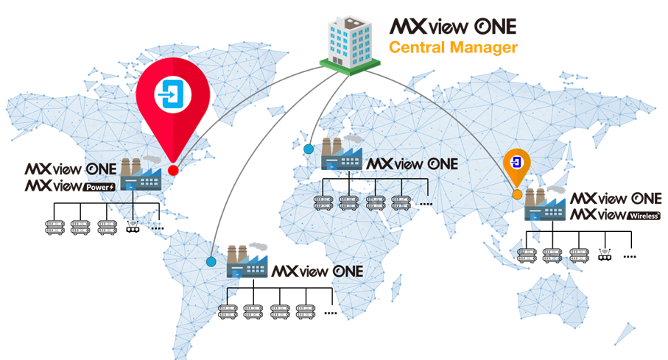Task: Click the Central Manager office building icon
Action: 350,45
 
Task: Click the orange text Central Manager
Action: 453,48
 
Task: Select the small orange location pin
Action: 517,167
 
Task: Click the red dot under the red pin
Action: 173,170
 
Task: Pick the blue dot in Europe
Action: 309,149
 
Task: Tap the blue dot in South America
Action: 211,261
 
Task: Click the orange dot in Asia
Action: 517,194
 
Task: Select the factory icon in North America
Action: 141,174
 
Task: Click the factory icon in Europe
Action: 342,153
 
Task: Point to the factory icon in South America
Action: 247,261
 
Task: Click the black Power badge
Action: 100,187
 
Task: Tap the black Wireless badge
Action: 644,216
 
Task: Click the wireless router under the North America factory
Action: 133,227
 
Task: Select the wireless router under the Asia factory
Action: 605,255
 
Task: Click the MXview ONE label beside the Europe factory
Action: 412,164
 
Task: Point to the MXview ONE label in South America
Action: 317,272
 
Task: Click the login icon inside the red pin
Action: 172,94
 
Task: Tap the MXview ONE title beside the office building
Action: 453,27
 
